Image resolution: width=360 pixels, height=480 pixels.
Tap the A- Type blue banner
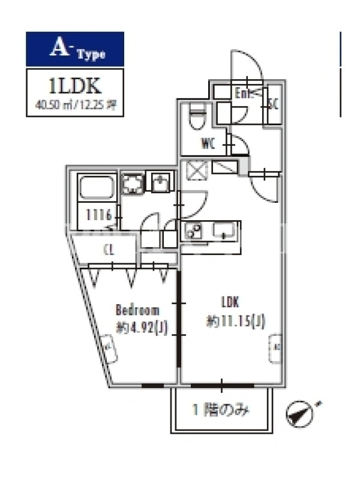(75, 49)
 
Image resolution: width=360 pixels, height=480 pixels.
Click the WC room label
(208, 144)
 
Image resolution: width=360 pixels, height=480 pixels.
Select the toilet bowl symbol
(196, 119)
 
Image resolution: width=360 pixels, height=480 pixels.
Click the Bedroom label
(137, 310)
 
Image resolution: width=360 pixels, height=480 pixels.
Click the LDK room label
(231, 302)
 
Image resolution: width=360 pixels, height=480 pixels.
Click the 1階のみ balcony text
(221, 411)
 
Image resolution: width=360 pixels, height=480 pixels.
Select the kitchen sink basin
(224, 230)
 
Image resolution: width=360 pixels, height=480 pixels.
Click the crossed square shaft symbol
(196, 171)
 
